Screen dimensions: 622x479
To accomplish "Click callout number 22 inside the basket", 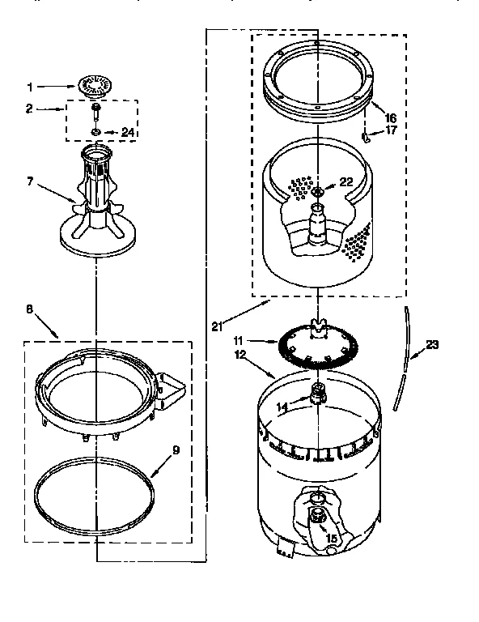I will [345, 182].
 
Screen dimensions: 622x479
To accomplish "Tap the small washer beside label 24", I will [95, 131].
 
